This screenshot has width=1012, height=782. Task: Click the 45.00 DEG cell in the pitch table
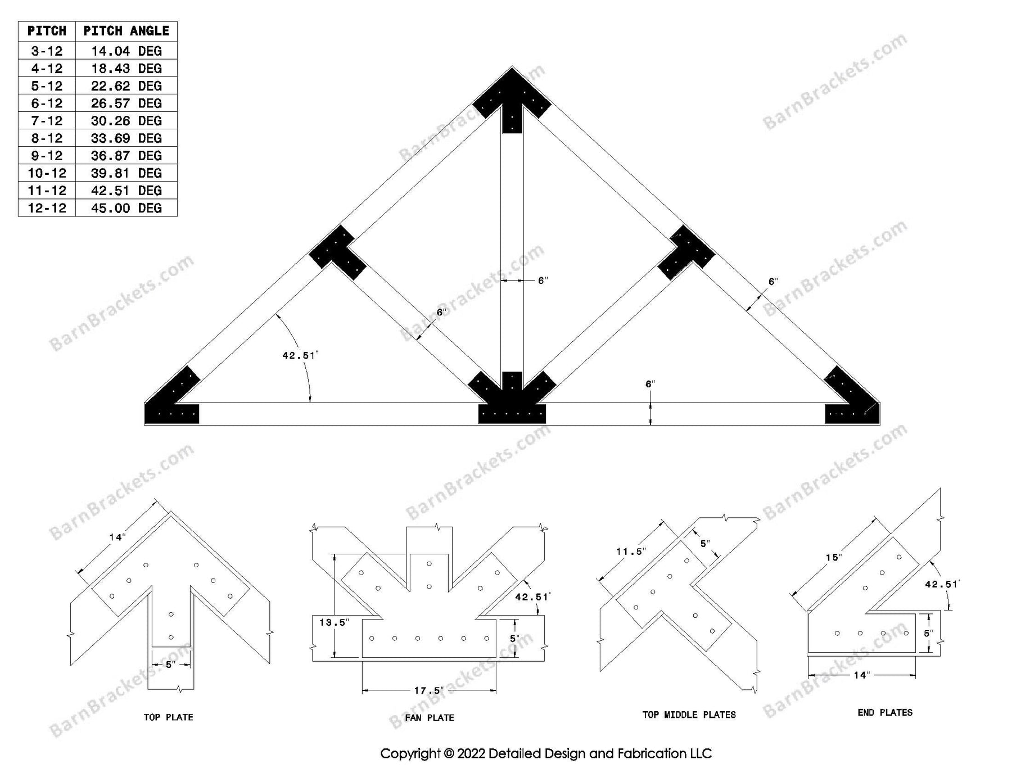pos(126,208)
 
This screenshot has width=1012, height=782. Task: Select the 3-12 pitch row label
pos(47,51)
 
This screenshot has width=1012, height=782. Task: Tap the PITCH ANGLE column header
pos(126,31)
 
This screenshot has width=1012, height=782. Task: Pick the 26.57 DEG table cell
pos(126,103)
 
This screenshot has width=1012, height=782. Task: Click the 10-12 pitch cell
pos(47,173)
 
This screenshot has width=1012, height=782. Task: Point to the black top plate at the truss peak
pos(512,104)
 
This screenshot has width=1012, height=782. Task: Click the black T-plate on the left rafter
pos(337,253)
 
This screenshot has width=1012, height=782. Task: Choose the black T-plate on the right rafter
pos(686,253)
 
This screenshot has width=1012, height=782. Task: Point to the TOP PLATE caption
pos(168,717)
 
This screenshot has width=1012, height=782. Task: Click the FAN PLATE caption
pos(430,717)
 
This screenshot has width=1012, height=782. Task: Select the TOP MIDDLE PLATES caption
pos(689,715)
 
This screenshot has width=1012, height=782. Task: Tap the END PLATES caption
pos(885,712)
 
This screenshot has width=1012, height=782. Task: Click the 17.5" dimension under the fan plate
pos(428,690)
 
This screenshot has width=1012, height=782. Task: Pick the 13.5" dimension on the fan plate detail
pos(334,622)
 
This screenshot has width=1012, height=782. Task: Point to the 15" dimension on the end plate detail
pos(834,557)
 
